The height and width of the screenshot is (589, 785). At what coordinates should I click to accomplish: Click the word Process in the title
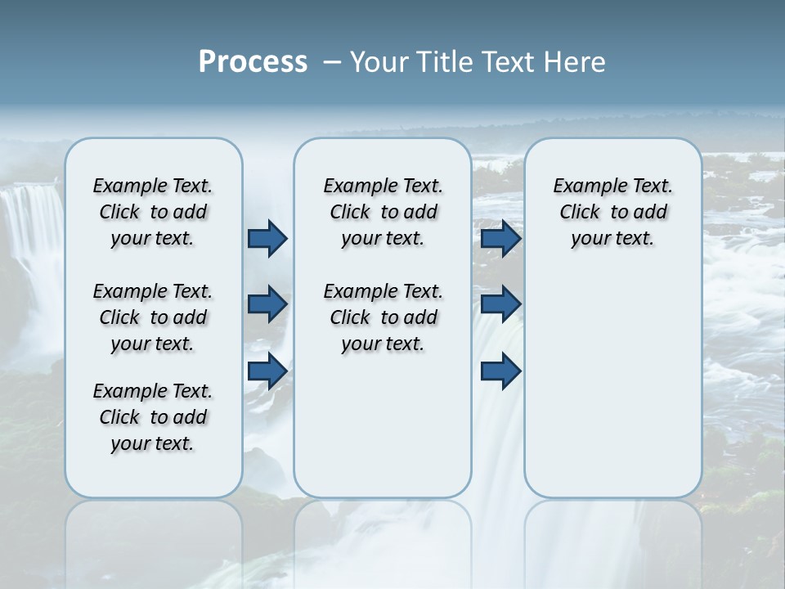[253, 62]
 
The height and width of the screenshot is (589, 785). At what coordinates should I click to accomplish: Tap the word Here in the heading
[576, 62]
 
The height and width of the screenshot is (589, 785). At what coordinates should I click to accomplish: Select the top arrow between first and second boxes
[267, 238]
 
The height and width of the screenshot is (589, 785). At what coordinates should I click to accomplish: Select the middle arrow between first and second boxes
[267, 304]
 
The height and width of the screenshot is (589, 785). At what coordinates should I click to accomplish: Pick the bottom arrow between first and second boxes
[267, 371]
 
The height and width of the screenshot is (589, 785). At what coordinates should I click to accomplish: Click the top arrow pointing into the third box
[500, 238]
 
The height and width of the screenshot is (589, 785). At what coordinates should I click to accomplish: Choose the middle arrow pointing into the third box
[500, 304]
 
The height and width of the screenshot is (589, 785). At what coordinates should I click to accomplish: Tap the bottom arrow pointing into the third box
[500, 371]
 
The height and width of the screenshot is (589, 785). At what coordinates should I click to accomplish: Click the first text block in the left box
[153, 212]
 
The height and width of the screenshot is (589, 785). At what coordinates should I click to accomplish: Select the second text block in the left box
[153, 317]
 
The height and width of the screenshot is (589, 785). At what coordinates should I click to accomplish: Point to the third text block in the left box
[153, 417]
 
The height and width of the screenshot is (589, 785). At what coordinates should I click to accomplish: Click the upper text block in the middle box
[383, 212]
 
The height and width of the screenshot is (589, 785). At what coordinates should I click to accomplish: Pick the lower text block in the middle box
[383, 317]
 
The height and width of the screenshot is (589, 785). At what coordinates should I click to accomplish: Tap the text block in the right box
[612, 212]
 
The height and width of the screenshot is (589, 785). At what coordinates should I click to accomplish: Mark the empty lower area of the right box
[612, 384]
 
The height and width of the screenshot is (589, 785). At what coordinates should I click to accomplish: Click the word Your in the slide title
[377, 62]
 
